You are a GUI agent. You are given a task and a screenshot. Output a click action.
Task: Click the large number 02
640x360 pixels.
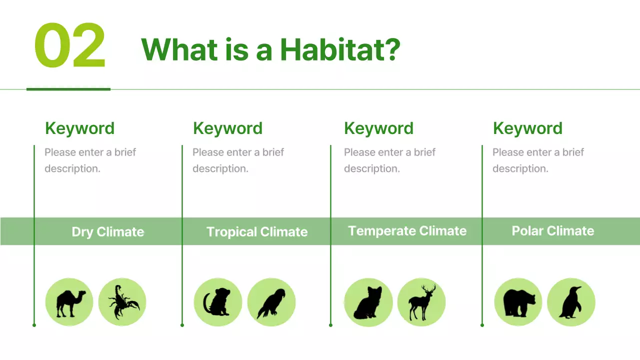(70, 46)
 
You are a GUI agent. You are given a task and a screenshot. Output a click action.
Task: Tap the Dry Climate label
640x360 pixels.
(107, 232)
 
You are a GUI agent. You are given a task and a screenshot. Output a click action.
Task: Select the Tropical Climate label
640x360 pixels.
(257, 232)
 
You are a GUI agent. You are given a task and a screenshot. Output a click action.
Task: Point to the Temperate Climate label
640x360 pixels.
(407, 231)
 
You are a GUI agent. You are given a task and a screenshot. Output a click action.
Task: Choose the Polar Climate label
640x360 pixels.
(553, 231)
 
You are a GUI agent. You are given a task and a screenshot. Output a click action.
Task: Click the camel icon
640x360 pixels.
(69, 302)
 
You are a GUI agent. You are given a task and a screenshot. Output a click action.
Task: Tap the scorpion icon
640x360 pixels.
(122, 302)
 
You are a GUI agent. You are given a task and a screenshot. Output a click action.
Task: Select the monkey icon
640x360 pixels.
(217, 302)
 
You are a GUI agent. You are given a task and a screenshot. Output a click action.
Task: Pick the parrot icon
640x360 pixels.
(271, 302)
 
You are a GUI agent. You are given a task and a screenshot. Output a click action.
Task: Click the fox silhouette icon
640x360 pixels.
(368, 302)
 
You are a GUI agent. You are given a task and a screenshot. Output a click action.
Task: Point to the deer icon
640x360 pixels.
(421, 302)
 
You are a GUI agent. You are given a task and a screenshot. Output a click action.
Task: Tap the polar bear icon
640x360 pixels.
(518, 302)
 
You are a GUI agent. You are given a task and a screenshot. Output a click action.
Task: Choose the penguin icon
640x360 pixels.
(571, 302)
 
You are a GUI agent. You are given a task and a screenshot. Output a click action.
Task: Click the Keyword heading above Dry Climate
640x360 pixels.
(79, 128)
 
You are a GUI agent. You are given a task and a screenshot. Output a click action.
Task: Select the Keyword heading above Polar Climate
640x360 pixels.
(527, 128)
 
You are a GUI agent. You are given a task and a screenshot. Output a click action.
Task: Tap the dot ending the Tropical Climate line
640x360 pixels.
(182, 325)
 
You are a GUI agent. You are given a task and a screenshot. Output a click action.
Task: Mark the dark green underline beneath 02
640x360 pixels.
(68, 89)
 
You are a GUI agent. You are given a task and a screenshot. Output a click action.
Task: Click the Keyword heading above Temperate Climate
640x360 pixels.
(378, 128)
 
